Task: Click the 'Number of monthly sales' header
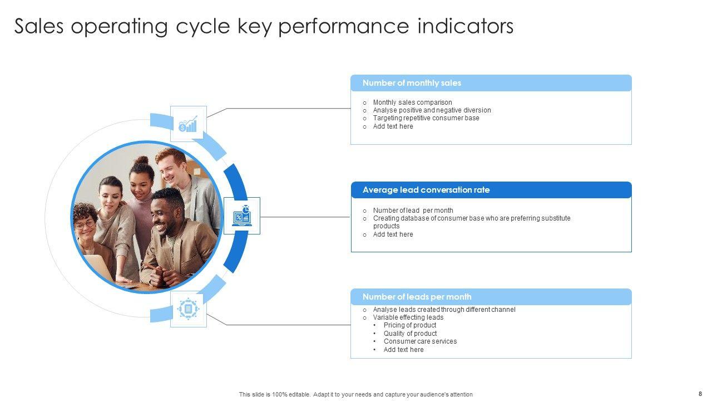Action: [412, 83]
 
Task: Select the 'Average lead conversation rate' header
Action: [426, 190]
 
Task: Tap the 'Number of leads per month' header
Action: [417, 297]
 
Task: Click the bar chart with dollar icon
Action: [188, 124]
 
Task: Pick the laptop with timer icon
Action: [241, 216]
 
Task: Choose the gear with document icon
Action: [188, 309]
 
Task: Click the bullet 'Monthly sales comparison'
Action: [412, 102]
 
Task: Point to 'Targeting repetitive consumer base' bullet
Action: [426, 118]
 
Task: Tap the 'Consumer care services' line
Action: [420, 341]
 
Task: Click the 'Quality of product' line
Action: [410, 334]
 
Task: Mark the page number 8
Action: [700, 394]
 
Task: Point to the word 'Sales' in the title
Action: [39, 26]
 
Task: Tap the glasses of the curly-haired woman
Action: [85, 225]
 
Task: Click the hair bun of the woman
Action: [142, 162]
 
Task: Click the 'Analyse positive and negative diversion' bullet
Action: [432, 110]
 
